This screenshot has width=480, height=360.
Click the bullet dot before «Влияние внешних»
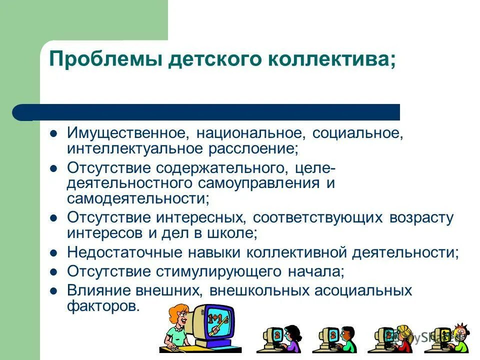click(x=54, y=290)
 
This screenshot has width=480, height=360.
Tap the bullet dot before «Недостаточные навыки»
click(x=54, y=252)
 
